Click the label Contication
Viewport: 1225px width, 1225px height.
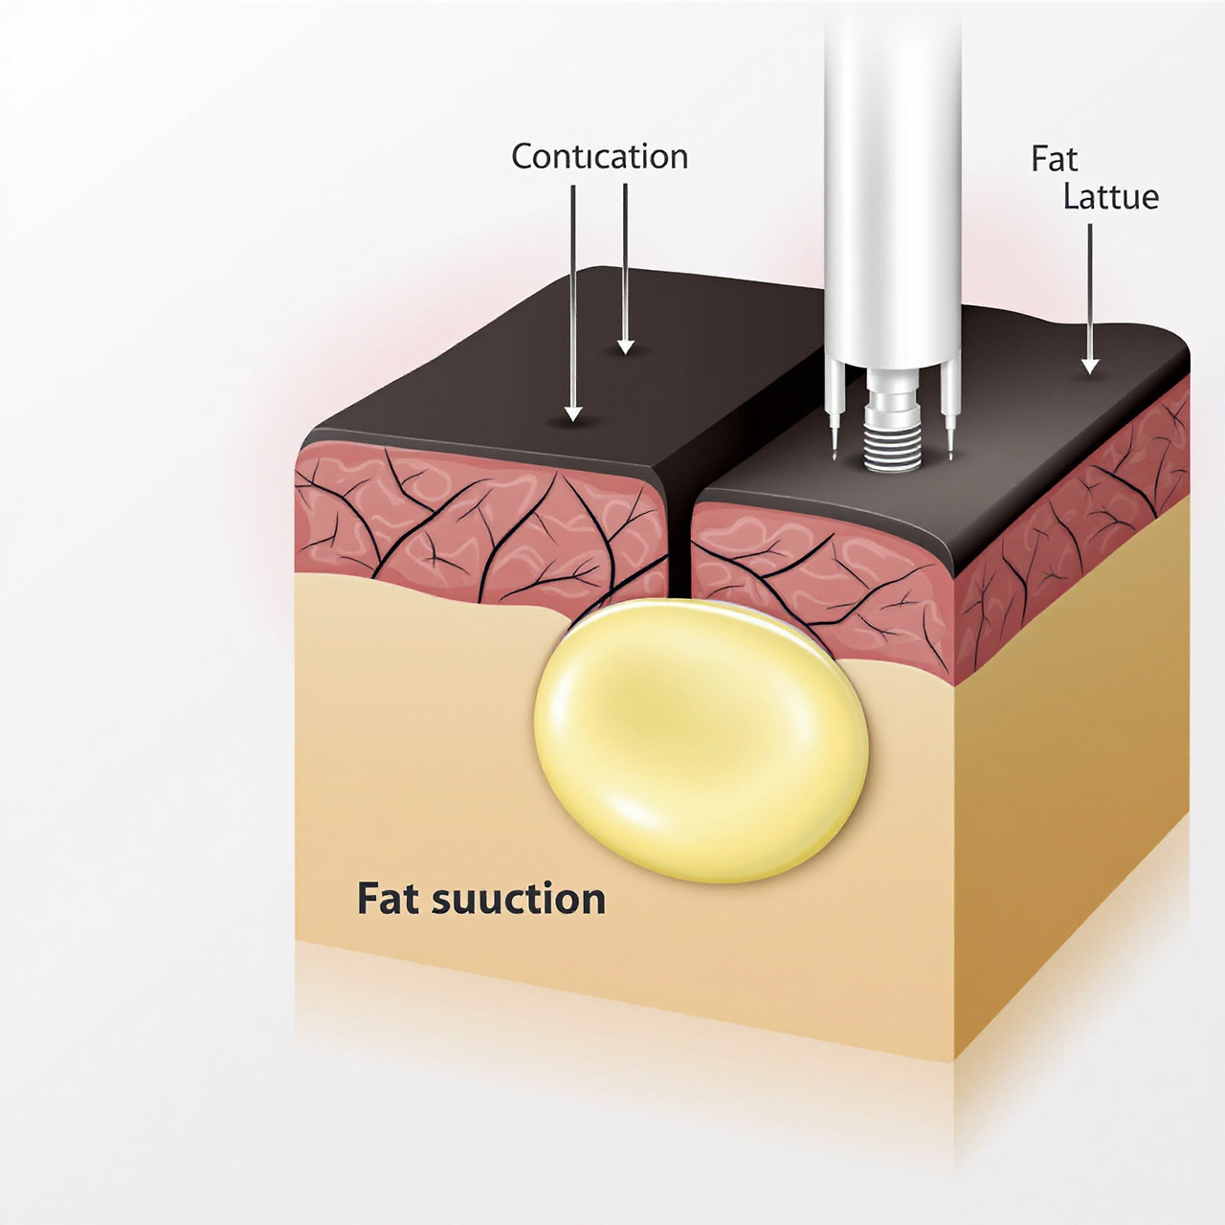pos(599,157)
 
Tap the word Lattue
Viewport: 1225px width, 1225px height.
pos(1110,197)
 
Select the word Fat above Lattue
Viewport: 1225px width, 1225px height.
pos(1054,159)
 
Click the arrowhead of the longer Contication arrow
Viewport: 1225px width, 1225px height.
pos(573,413)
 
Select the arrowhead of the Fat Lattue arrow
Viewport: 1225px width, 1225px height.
pos(1090,366)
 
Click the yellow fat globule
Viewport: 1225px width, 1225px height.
pos(701,739)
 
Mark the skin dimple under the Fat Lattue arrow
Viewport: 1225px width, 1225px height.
pos(1090,376)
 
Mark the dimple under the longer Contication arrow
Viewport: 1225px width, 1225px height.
pos(573,423)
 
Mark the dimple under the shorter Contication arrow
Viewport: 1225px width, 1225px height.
pos(626,354)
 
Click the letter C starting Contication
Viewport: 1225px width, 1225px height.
pos(523,157)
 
